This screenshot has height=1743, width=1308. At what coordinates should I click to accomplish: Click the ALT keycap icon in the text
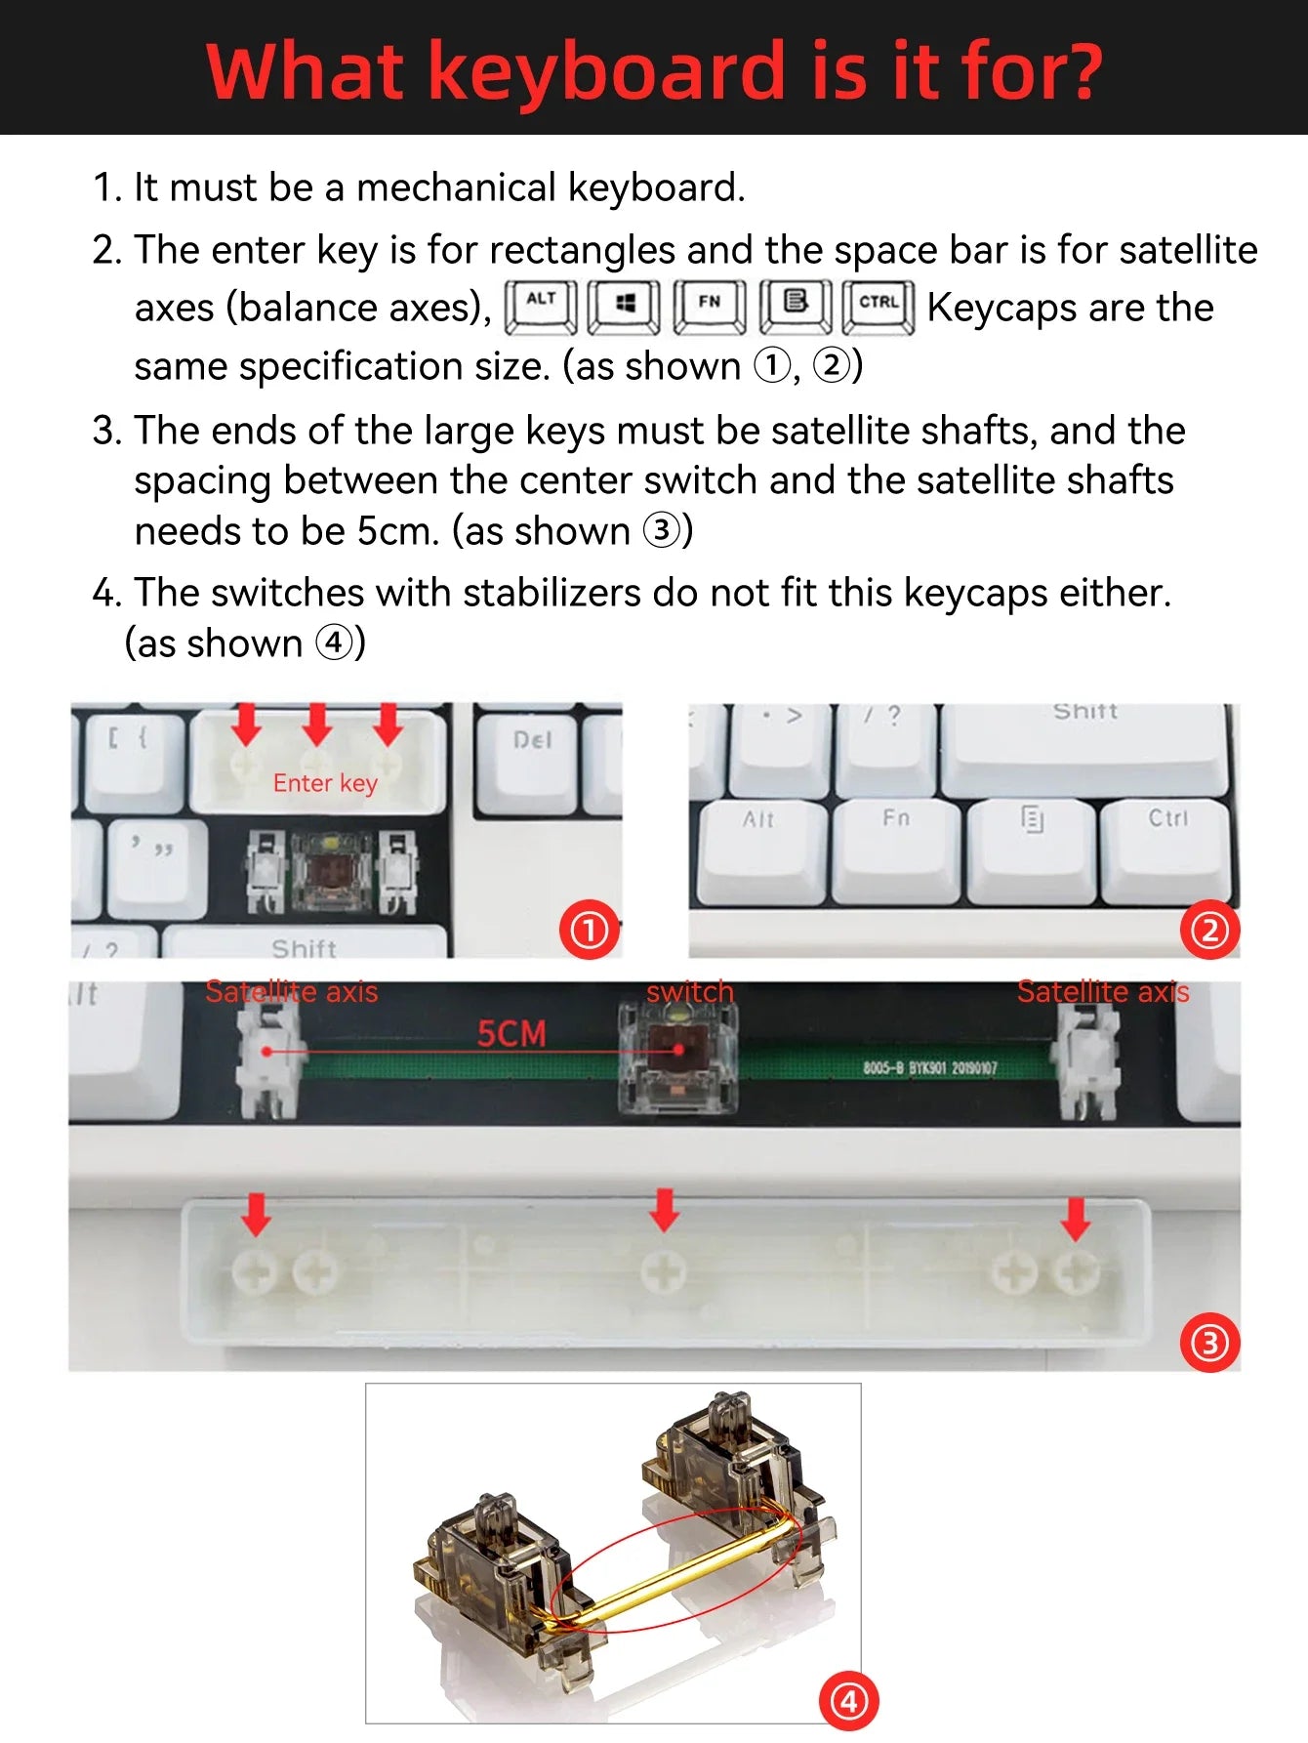pos(541,306)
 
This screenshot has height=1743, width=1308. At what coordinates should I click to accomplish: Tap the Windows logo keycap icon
pos(625,306)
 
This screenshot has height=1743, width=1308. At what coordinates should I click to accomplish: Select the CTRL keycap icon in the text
pos(879,306)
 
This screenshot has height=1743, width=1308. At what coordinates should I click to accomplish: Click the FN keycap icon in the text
pos(710,306)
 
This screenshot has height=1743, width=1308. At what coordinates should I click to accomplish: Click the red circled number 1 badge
pos(590,930)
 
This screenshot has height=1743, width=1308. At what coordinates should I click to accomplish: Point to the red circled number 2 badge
pos(1208,930)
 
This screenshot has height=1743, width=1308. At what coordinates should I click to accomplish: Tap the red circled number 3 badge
pos(1209,1343)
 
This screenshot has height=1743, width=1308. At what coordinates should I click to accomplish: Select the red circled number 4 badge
pos(848,1701)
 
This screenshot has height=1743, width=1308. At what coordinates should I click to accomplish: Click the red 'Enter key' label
pos(325,783)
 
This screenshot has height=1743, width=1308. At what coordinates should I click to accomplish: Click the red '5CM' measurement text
pos(511,1033)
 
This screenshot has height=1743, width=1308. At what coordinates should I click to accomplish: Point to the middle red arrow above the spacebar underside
pos(665,1209)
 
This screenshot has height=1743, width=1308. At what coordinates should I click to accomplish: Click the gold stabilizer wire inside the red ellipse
pos(674,1572)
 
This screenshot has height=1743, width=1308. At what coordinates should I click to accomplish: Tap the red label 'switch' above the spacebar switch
pos(689,991)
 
